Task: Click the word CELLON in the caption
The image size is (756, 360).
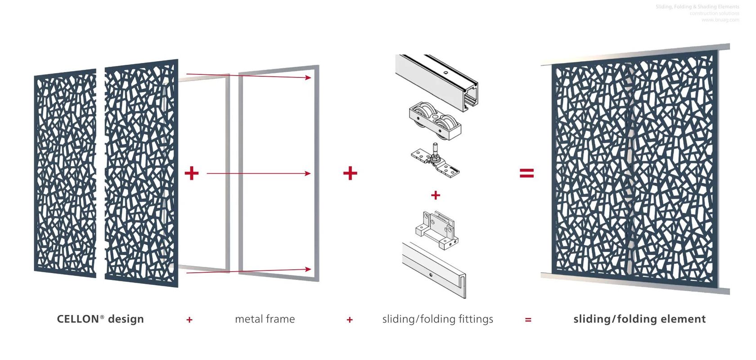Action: (x=78, y=319)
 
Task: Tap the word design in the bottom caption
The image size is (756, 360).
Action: (x=126, y=319)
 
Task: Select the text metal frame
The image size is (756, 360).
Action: (x=265, y=319)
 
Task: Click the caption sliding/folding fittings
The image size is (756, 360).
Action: (x=437, y=319)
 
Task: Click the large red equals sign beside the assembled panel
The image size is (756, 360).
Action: (x=526, y=173)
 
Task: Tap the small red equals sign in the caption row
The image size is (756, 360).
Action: (x=528, y=320)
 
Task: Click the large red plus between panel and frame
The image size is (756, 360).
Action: (x=192, y=173)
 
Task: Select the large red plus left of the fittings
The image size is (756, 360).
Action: (x=350, y=173)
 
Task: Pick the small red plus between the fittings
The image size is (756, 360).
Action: (x=435, y=195)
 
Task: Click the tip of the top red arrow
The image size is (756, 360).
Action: (x=310, y=78)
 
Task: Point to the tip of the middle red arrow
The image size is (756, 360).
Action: (x=310, y=173)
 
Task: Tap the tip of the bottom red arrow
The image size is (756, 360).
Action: (x=310, y=269)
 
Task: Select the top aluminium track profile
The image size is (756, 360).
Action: (x=436, y=81)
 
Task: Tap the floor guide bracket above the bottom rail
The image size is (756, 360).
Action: (x=436, y=229)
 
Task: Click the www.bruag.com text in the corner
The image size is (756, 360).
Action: (x=720, y=20)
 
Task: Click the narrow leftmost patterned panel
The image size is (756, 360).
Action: (x=66, y=173)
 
